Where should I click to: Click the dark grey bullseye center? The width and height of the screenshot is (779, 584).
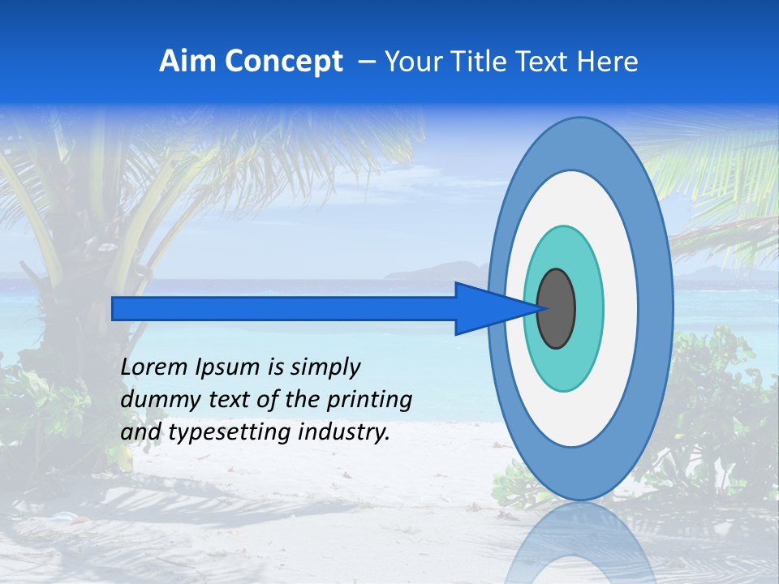coord(557,309)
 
